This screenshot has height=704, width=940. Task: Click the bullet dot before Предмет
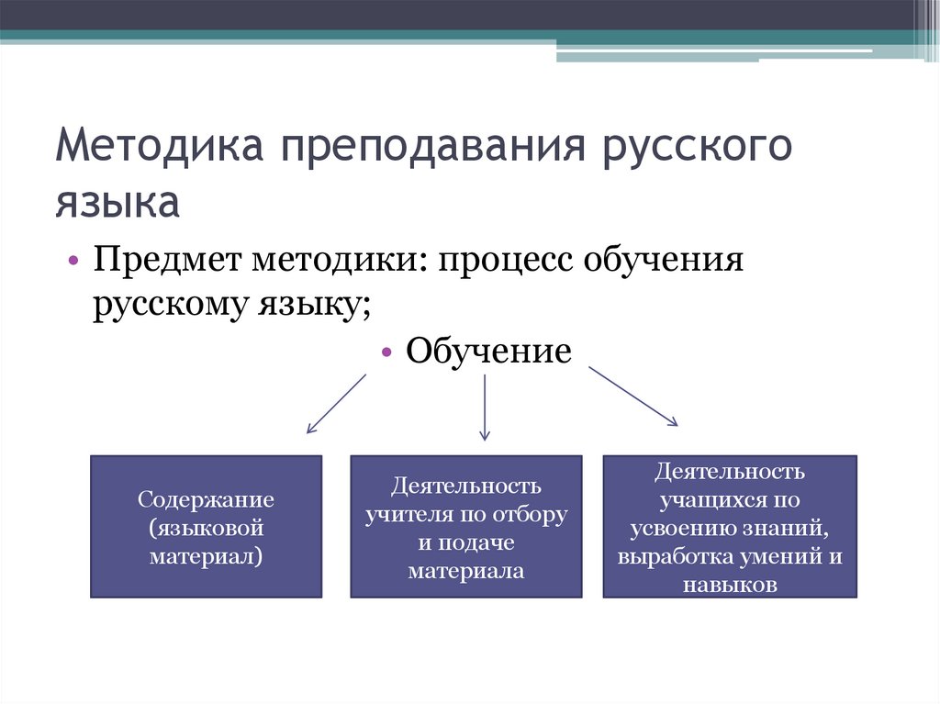pyautogui.click(x=73, y=262)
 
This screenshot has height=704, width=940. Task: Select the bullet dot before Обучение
pyautogui.click(x=386, y=352)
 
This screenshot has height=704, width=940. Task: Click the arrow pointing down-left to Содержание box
pyautogui.click(x=337, y=403)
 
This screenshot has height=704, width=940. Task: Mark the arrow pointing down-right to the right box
pyautogui.click(x=632, y=396)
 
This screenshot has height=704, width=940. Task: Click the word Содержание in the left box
pyautogui.click(x=207, y=501)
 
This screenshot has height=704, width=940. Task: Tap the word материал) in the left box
pyautogui.click(x=207, y=556)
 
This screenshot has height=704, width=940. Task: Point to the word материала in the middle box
pyautogui.click(x=466, y=571)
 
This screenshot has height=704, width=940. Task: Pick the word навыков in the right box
pyautogui.click(x=730, y=585)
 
